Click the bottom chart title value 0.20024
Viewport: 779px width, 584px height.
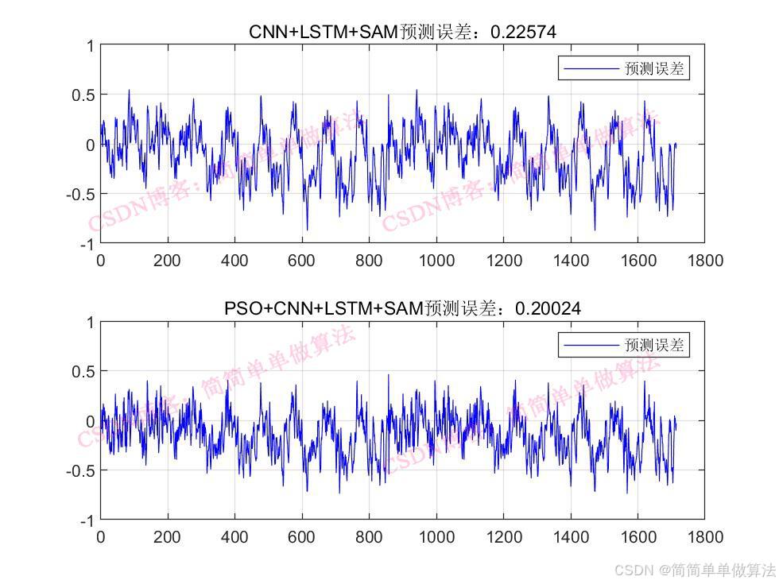click(548, 308)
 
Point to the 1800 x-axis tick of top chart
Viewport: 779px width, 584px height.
click(705, 260)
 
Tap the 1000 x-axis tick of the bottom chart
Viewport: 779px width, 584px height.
click(436, 537)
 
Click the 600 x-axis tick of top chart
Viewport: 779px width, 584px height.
click(302, 260)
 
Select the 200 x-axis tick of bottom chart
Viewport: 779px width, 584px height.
click(168, 537)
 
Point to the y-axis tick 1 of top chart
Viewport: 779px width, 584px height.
click(91, 46)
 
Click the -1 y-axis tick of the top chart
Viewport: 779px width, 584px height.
click(87, 243)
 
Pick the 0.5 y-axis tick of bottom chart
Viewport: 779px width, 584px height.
click(84, 372)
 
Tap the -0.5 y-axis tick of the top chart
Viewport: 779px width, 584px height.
click(81, 194)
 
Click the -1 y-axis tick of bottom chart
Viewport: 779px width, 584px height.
click(87, 520)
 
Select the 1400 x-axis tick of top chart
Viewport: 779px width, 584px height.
click(570, 260)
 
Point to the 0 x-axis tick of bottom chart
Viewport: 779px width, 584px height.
click(101, 537)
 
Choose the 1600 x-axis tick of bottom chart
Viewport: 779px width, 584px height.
click(638, 537)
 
